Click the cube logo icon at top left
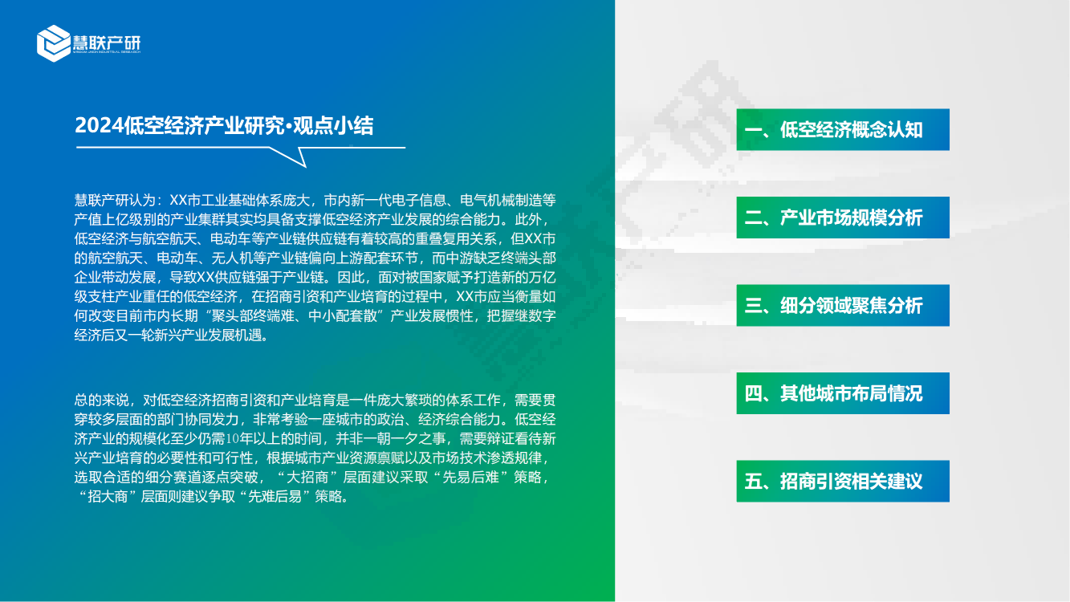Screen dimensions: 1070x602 tap(54, 43)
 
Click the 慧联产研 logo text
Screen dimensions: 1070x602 tap(107, 43)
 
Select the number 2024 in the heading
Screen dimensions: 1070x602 tap(100, 126)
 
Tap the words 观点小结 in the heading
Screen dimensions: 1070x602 tap(333, 126)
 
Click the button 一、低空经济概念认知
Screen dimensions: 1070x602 tap(843, 129)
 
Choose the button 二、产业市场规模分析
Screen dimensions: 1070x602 tap(843, 218)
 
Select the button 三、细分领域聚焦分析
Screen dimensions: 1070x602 tap(843, 305)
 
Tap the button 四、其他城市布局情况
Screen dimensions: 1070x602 tap(843, 393)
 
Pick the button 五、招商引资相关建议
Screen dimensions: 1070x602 tap(843, 481)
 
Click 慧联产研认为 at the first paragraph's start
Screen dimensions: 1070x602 tap(115, 200)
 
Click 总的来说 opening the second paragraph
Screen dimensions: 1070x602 tap(101, 400)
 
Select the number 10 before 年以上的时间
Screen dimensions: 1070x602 tap(233, 438)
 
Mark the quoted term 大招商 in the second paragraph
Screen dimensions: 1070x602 tap(309, 478)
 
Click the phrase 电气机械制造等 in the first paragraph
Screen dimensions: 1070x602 tap(508, 200)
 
